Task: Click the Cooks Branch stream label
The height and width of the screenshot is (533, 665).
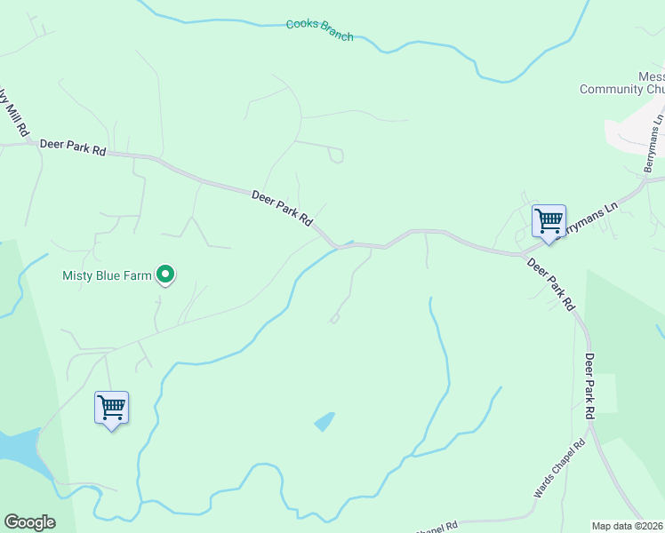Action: pyautogui.click(x=319, y=29)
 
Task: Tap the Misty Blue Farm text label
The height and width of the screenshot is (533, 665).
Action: pyautogui.click(x=107, y=275)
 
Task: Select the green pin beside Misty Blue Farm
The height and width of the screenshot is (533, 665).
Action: pyautogui.click(x=164, y=275)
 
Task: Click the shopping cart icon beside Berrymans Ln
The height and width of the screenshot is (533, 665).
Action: pyautogui.click(x=549, y=220)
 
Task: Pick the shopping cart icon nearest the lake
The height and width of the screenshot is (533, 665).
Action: pyautogui.click(x=111, y=408)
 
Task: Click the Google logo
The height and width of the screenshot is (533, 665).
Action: pyautogui.click(x=29, y=522)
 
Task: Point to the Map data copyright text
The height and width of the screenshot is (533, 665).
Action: pyautogui.click(x=628, y=526)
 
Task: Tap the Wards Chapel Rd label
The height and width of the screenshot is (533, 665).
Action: pyautogui.click(x=560, y=468)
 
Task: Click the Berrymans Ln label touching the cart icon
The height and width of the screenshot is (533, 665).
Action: pyautogui.click(x=587, y=219)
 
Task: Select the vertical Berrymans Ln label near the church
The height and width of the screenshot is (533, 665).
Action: pyautogui.click(x=654, y=143)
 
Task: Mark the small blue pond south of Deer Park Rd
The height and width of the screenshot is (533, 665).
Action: pyautogui.click(x=324, y=421)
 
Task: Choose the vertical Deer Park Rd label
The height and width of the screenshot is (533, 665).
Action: pyautogui.click(x=589, y=386)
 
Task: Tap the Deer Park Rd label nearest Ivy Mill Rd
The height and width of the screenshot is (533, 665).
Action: pyautogui.click(x=73, y=147)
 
